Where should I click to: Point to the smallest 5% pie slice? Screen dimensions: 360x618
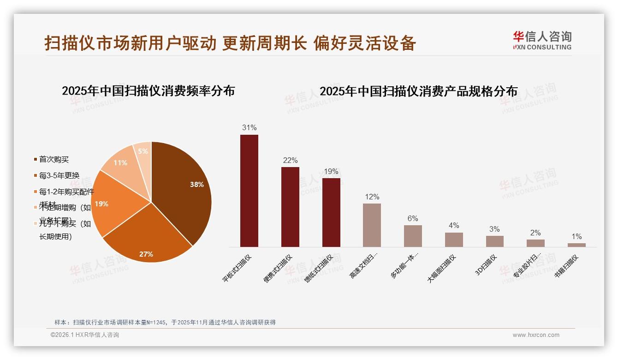coord(143,152)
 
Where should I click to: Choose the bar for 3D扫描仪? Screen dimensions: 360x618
coord(494,241)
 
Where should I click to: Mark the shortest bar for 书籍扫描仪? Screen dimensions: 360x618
coord(576,245)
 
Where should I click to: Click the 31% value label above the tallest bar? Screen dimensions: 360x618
coord(249,127)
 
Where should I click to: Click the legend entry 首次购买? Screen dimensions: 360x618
coord(54,159)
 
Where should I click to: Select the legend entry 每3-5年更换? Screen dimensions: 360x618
coord(59,175)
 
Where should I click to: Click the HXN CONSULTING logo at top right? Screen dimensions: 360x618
coord(542,41)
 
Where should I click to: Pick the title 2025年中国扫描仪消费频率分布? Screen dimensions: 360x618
coord(148,90)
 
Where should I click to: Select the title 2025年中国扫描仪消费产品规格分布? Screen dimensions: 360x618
coord(418,91)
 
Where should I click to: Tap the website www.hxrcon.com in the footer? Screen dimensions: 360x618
coord(536,335)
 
